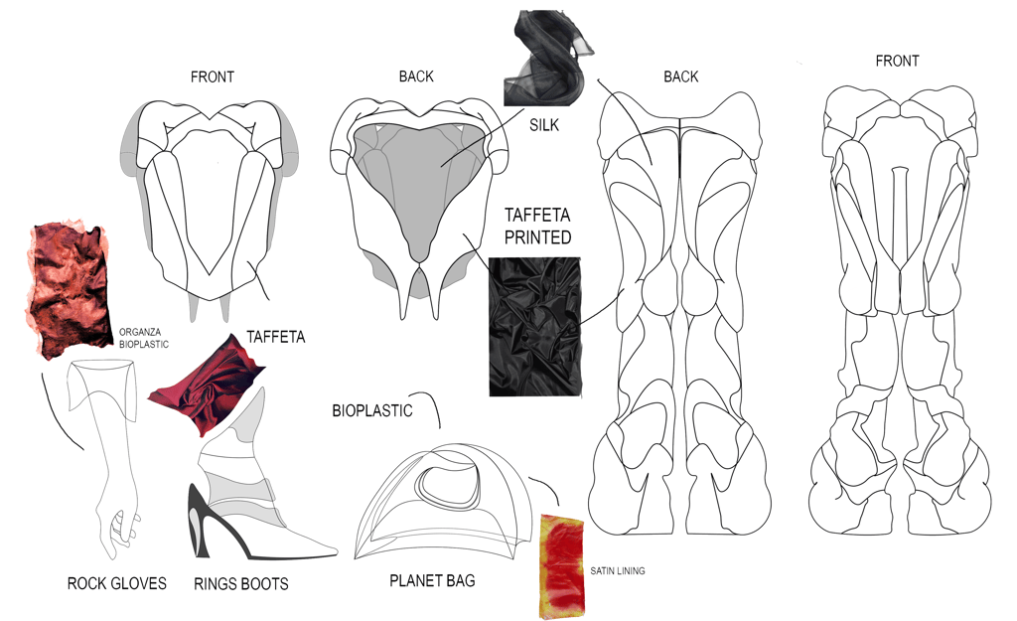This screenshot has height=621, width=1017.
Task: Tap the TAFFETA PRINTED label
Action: click(537, 227)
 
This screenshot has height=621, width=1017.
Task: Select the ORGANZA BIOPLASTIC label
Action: click(144, 337)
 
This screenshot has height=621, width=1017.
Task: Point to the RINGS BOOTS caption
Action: click(241, 584)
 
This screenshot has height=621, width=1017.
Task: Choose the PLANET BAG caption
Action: click(432, 579)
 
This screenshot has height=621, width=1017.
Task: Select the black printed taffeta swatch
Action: click(534, 326)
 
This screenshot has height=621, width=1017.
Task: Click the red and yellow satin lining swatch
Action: click(563, 563)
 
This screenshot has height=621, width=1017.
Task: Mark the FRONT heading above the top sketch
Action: click(212, 77)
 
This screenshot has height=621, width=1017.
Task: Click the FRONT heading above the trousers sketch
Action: click(897, 62)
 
